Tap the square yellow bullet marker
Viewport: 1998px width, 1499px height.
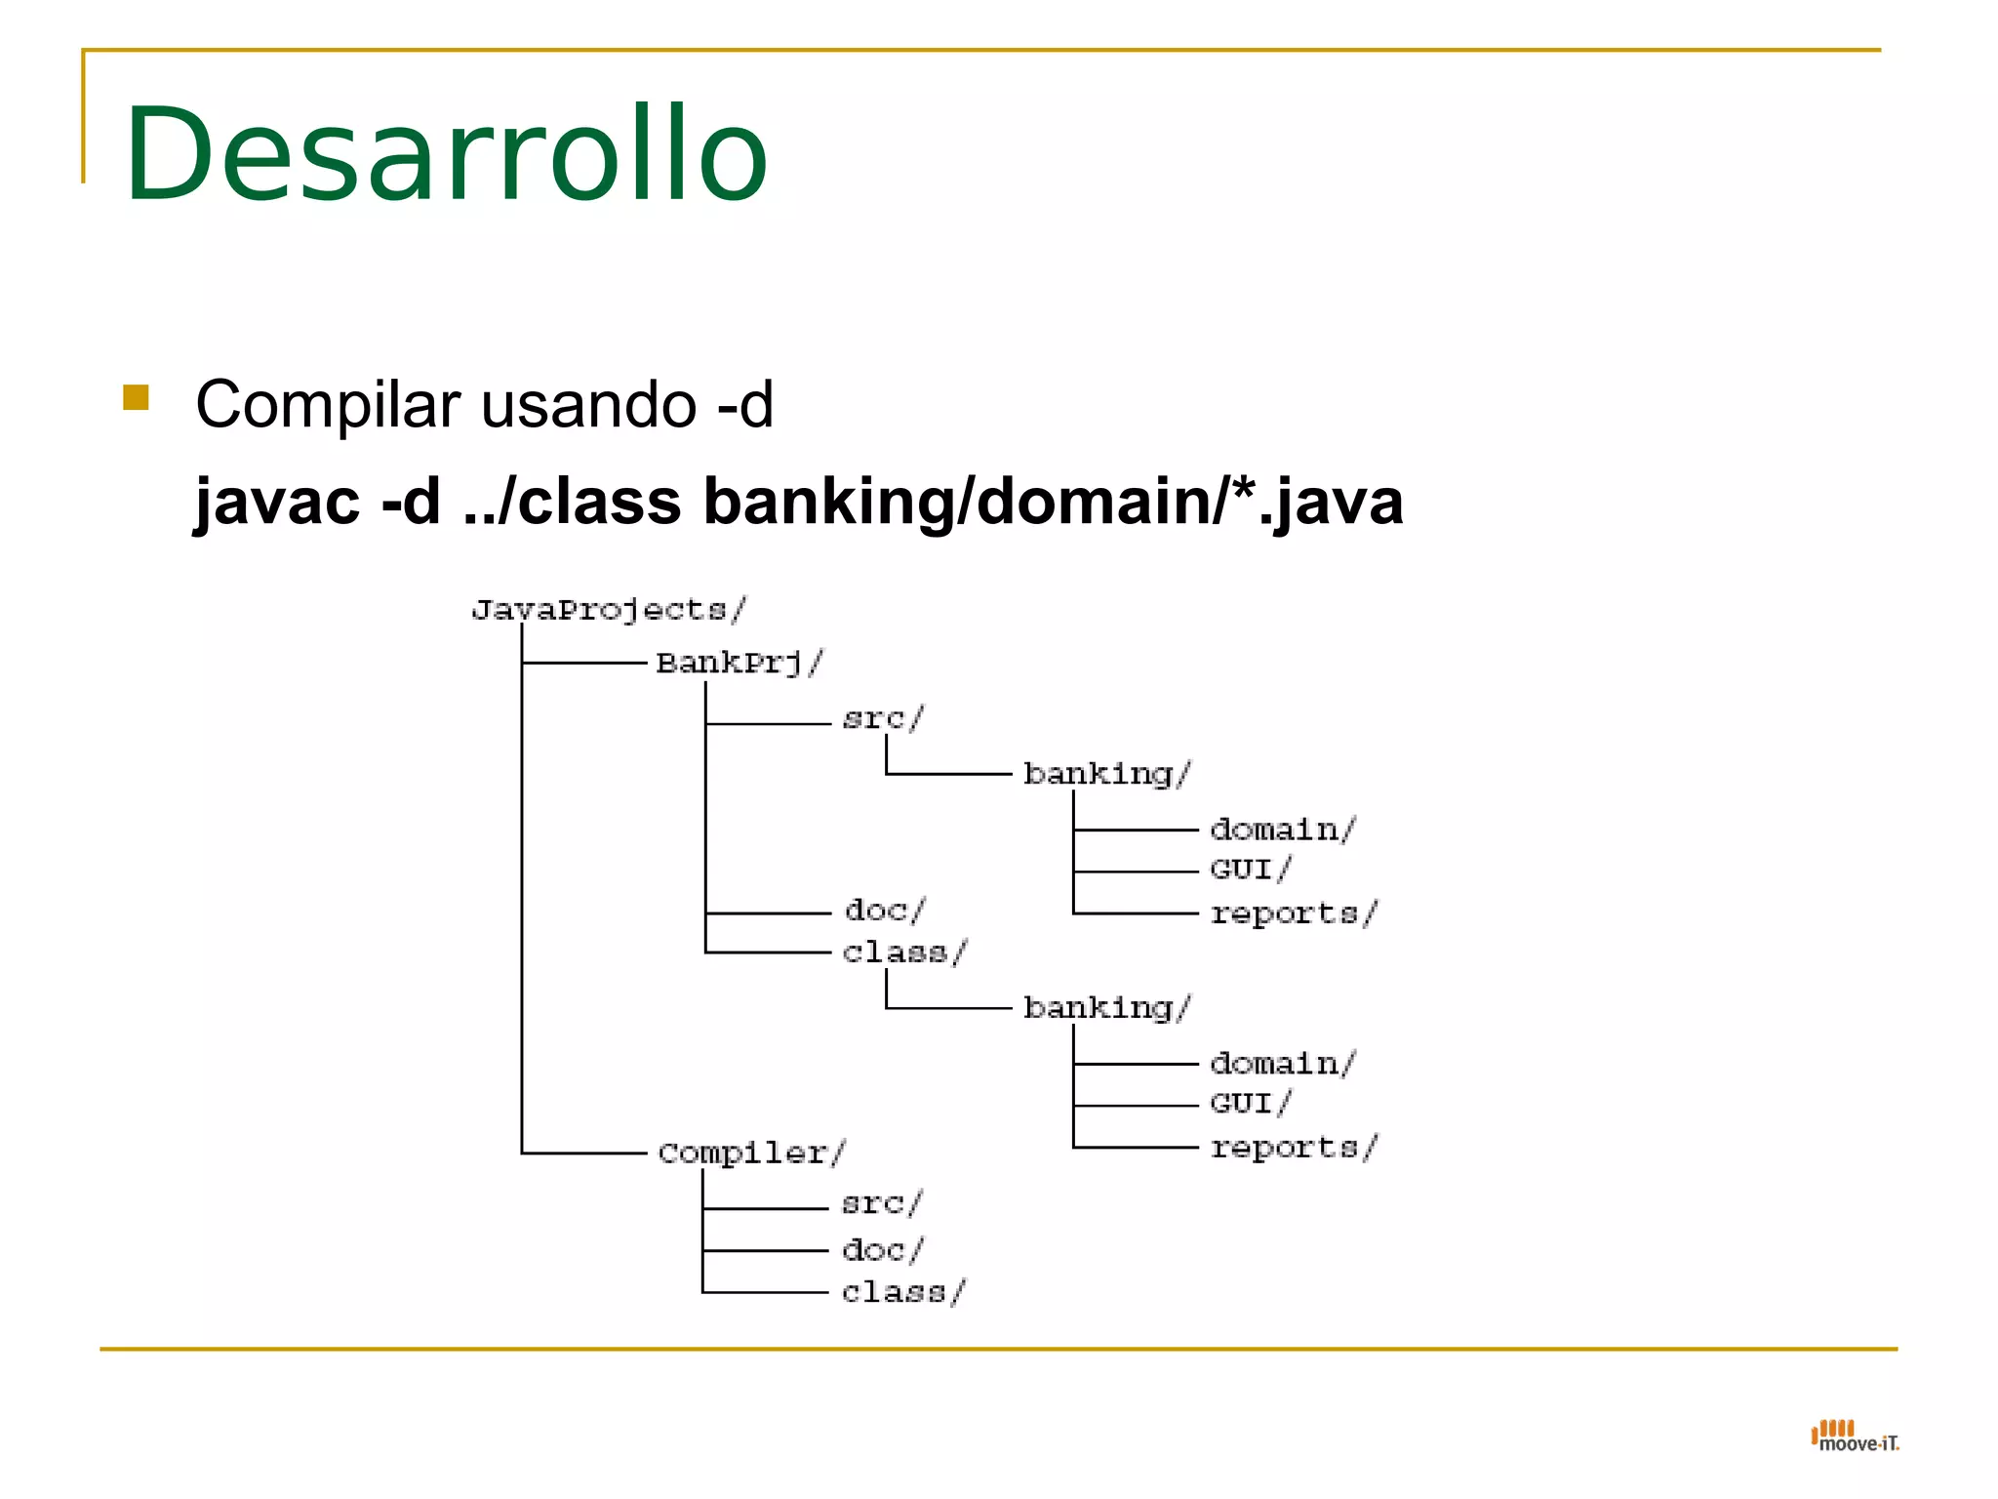tap(136, 397)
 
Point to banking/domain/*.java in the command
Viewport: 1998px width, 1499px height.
tap(1053, 502)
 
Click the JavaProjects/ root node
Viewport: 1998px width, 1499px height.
tap(609, 610)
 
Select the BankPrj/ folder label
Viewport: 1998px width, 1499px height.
tap(739, 663)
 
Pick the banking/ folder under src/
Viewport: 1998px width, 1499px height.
tap(1106, 774)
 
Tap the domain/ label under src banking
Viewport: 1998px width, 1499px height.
tap(1282, 830)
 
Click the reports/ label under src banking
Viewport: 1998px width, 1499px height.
tap(1293, 913)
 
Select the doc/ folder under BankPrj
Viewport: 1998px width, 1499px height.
tap(885, 911)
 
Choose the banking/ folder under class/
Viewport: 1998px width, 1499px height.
tap(1106, 1007)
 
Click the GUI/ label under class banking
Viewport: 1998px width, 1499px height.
tap(1250, 1104)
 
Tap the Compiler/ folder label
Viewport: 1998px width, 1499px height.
tap(751, 1153)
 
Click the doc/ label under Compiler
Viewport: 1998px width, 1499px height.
tap(883, 1250)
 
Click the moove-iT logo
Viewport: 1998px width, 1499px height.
tap(1855, 1437)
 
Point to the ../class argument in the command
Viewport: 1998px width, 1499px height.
tap(573, 502)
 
